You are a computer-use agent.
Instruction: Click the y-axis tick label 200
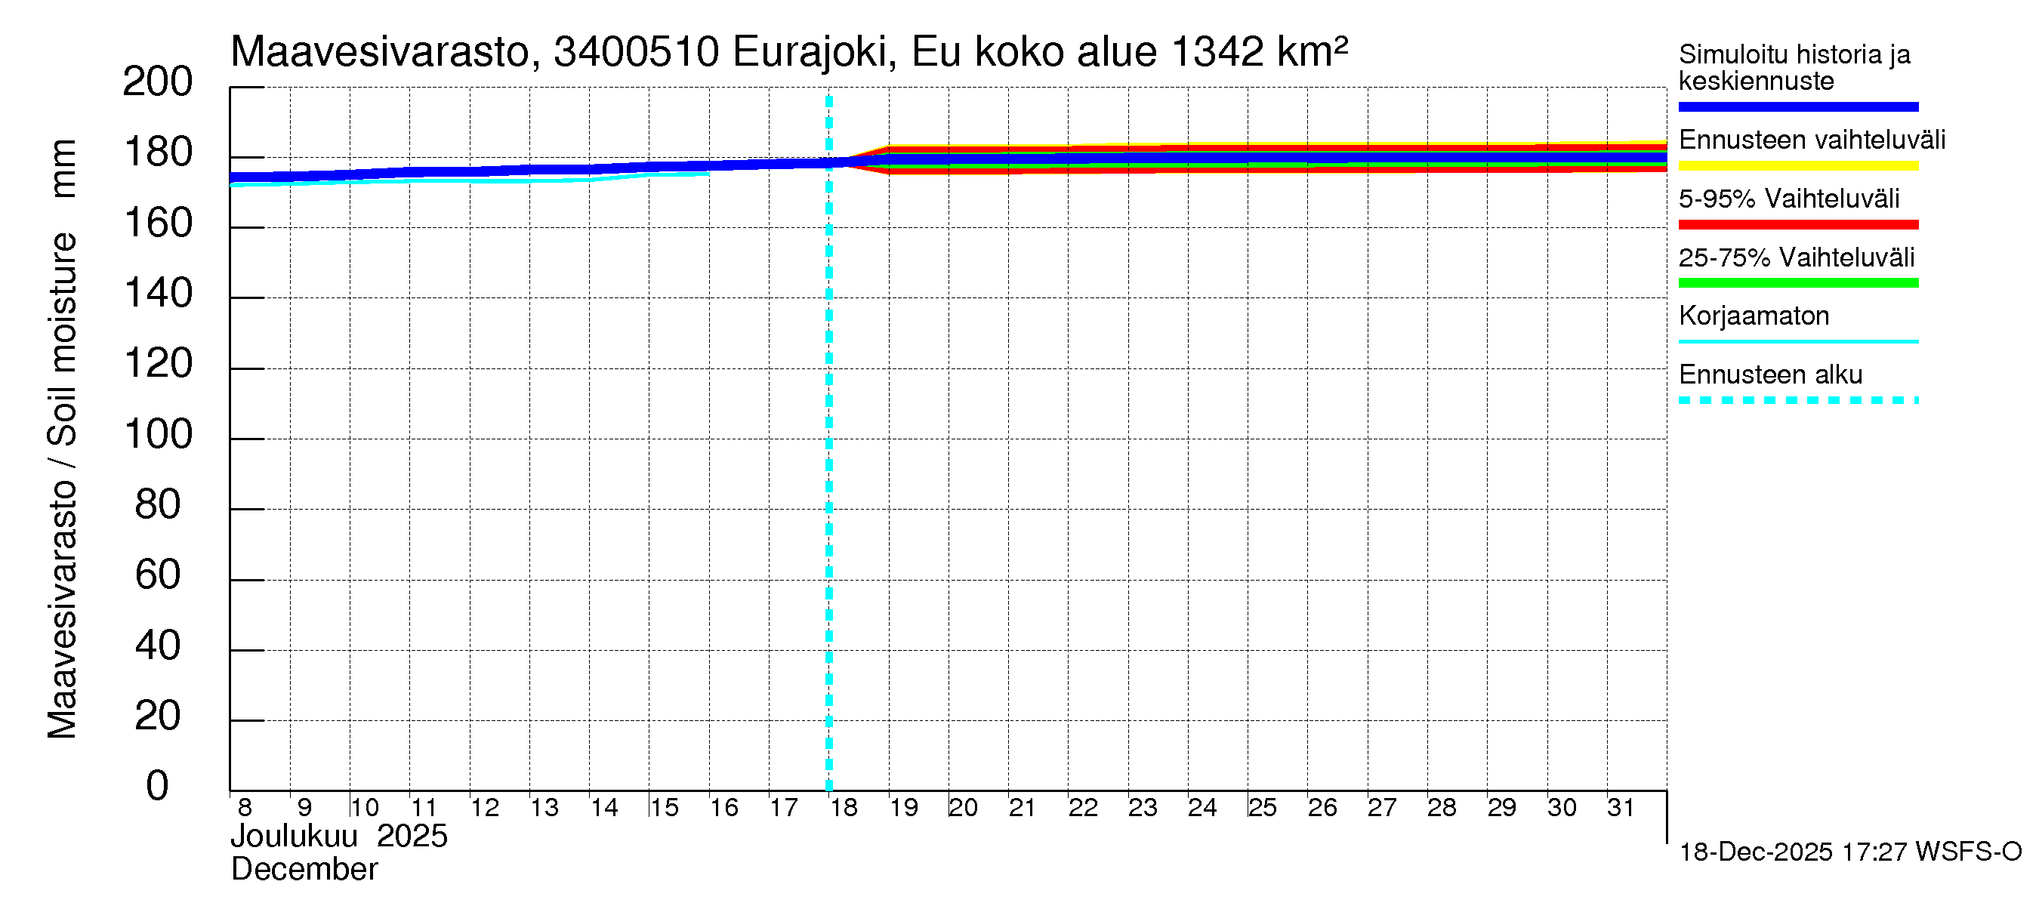pos(157,82)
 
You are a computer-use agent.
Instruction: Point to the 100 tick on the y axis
pos(159,435)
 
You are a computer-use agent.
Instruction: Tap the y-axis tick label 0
pos(158,787)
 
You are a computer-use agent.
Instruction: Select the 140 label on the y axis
pos(159,294)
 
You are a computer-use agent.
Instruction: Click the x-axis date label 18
pos(844,808)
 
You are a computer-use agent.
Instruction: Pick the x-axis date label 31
pos(1621,808)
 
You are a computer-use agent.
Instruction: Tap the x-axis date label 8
pos(245,808)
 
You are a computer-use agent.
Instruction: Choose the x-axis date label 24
pos(1201,808)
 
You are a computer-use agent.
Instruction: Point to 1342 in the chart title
pos(1217,53)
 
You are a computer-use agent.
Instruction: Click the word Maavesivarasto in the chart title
pos(380,53)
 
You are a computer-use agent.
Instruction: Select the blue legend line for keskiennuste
pos(1797,106)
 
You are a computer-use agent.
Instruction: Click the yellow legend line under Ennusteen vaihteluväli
pos(1797,166)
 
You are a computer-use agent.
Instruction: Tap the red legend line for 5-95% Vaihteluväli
pos(1797,225)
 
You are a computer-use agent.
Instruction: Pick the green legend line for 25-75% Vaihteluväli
pos(1797,283)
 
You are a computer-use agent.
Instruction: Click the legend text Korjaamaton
pos(1754,316)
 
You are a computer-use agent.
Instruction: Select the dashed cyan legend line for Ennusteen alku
pos(1797,400)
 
